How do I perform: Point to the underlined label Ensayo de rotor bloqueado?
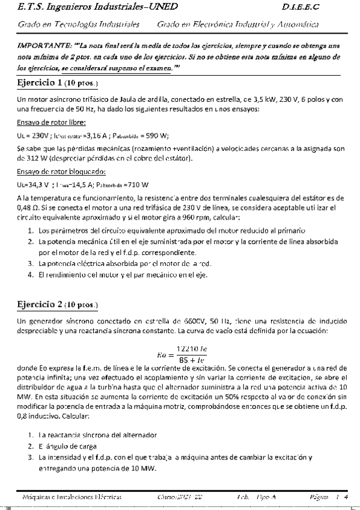coord(58,171)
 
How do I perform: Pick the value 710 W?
coord(138,184)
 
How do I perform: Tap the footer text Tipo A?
coord(266,497)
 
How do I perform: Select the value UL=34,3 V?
coord(32,184)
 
